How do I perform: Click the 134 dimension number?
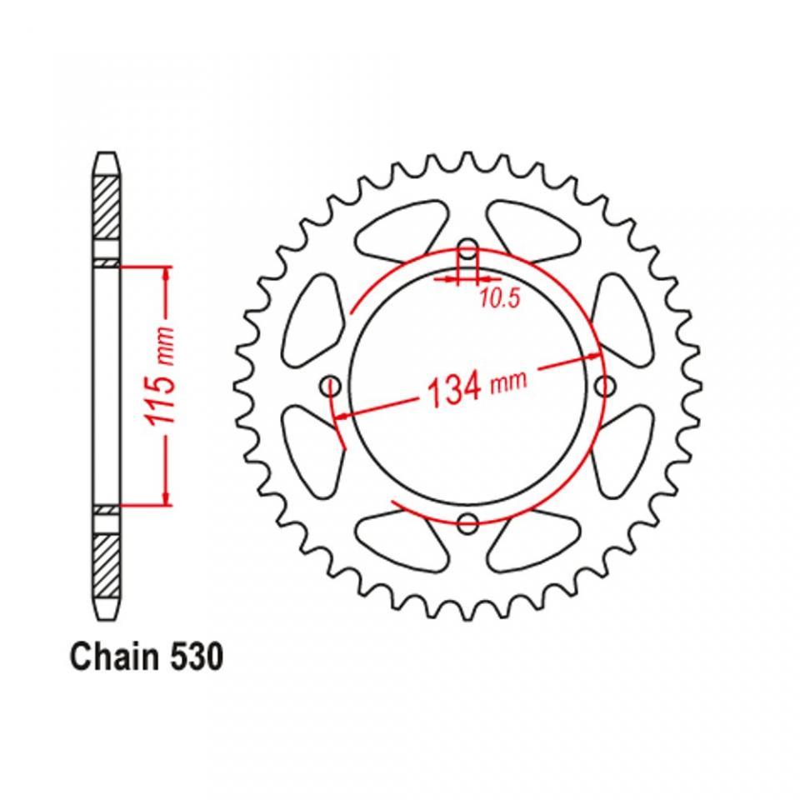click(454, 389)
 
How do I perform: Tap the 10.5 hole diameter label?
click(499, 299)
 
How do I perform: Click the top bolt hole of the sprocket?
click(467, 252)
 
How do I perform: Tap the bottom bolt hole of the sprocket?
click(467, 522)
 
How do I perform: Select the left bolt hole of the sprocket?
click(330, 386)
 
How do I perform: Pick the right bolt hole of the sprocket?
click(605, 386)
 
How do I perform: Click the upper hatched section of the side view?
click(107, 207)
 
